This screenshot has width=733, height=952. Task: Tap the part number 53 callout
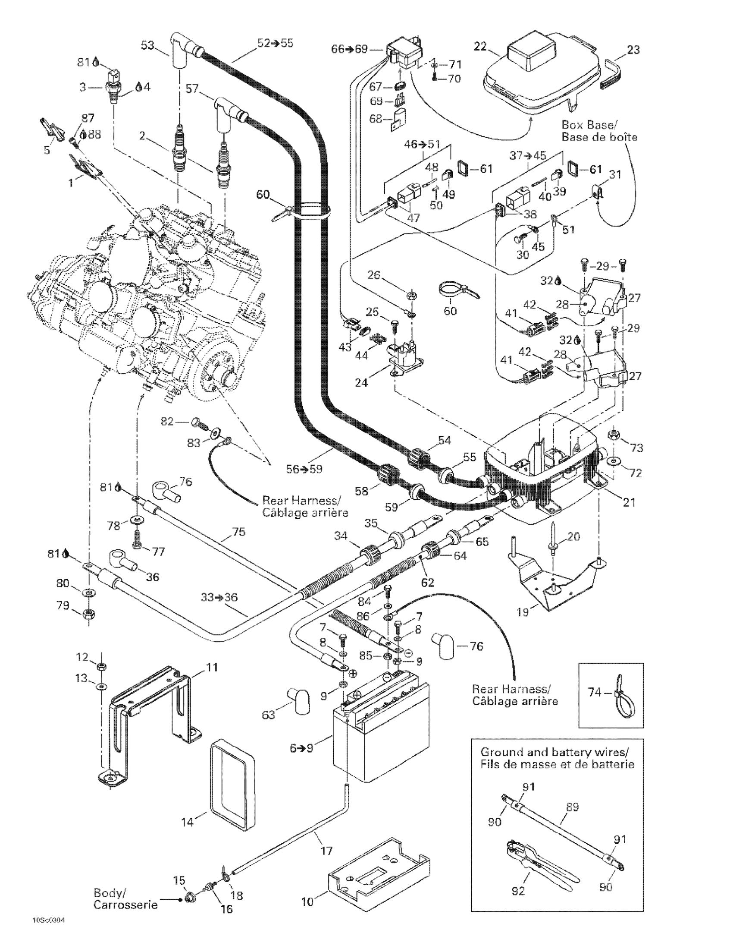pos(147,45)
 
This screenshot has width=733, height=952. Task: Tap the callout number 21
pos(629,502)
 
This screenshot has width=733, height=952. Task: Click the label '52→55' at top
pos(275,43)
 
